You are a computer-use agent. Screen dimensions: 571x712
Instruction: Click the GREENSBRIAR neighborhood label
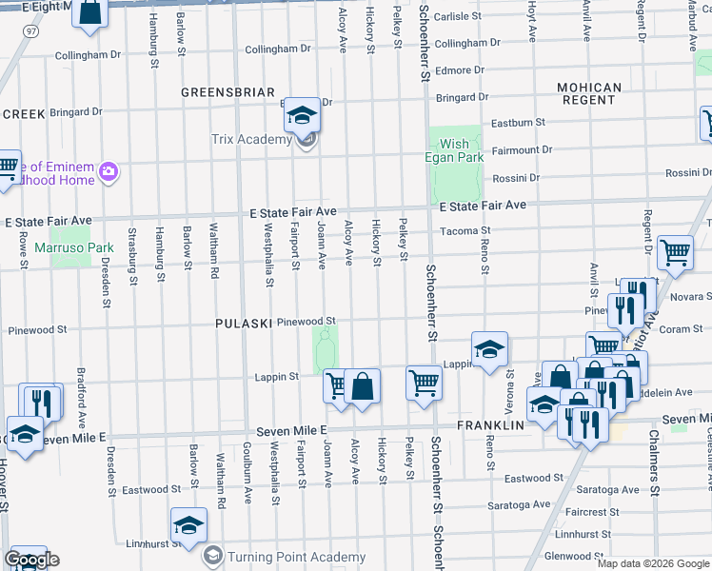(222, 92)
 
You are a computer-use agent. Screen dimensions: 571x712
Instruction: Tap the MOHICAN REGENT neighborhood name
(590, 93)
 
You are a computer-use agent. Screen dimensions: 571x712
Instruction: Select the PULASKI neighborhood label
(245, 323)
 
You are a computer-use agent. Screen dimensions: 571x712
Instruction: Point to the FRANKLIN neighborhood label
(491, 424)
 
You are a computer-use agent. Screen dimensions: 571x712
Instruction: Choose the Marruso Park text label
(74, 248)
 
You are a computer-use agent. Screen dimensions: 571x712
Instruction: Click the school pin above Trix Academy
(303, 116)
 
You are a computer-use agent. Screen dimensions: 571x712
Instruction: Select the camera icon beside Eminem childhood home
(109, 171)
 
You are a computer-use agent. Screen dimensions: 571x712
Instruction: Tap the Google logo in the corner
(30, 560)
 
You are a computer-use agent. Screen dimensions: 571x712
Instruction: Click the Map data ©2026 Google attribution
(653, 562)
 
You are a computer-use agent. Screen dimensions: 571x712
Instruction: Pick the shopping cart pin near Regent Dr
(675, 252)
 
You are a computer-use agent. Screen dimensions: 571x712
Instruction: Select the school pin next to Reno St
(489, 349)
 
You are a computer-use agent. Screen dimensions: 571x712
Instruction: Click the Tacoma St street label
(465, 230)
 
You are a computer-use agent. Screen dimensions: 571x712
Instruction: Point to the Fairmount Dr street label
(522, 150)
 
